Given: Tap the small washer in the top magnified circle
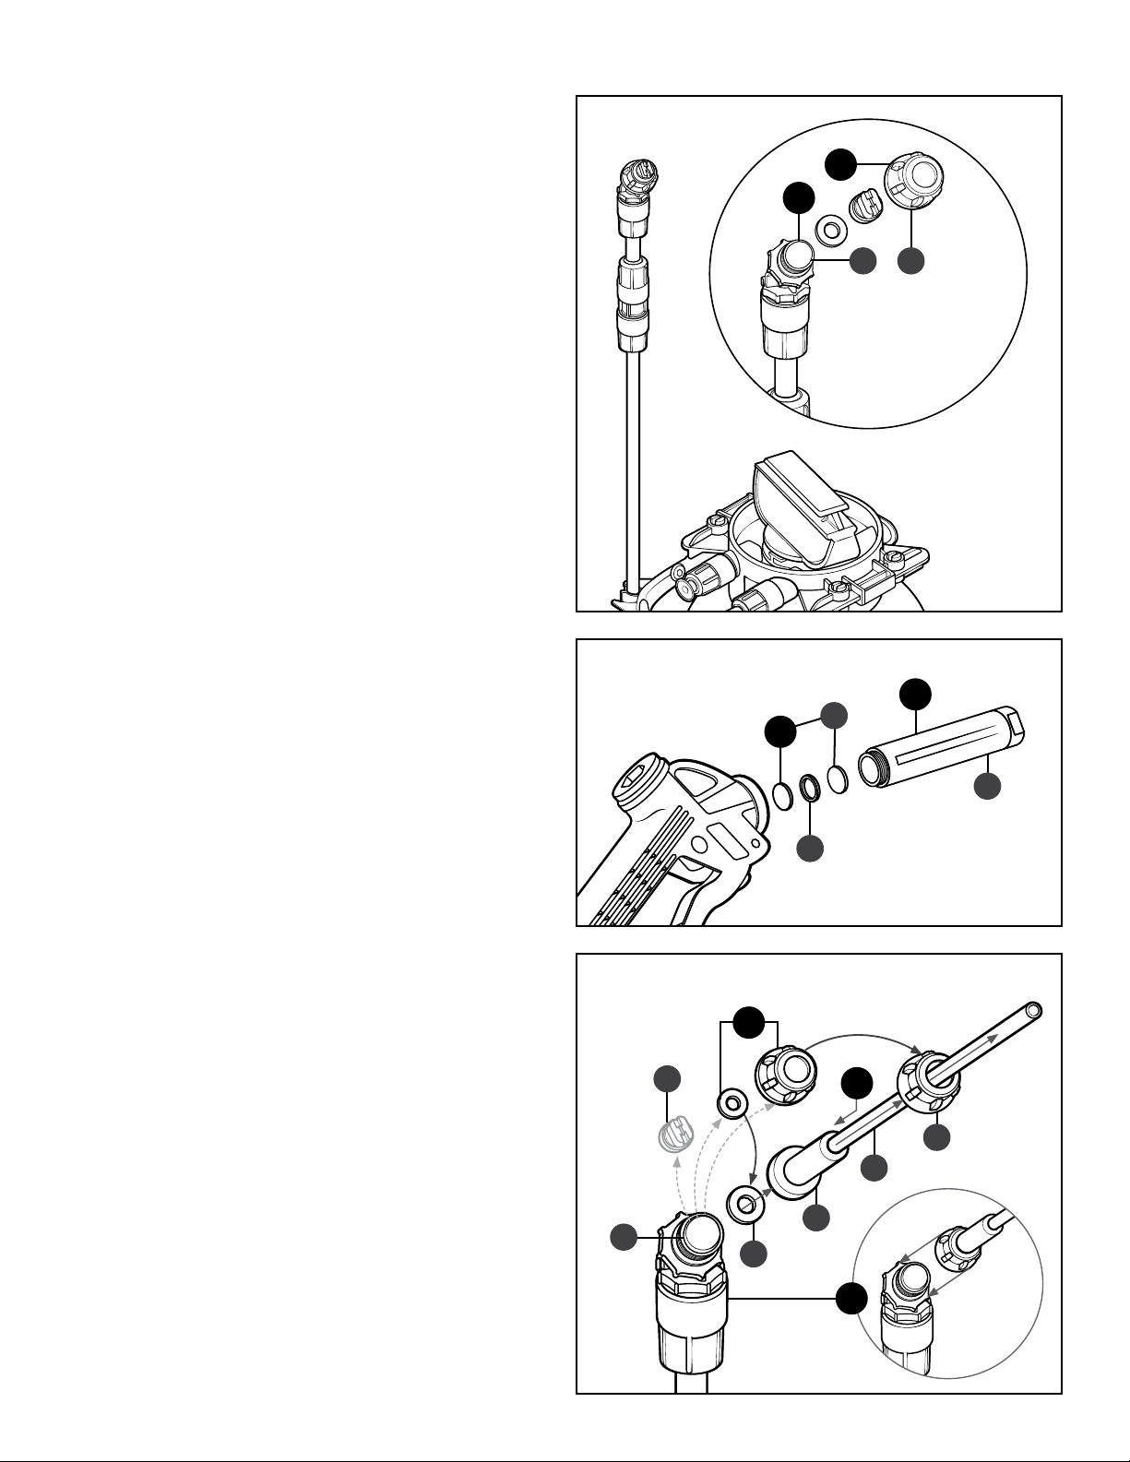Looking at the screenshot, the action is click(830, 230).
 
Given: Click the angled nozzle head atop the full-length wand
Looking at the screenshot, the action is click(637, 183).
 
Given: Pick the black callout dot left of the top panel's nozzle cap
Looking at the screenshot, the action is click(839, 163).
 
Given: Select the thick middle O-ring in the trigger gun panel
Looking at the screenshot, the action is click(809, 788).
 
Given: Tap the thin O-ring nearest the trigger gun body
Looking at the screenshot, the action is click(781, 796).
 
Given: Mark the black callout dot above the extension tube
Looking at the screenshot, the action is click(915, 693).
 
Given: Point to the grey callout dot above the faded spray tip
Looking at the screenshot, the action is click(667, 1079).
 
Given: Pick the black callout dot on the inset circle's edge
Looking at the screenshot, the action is click(850, 1298).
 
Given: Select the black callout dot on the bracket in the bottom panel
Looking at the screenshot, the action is click(749, 1021).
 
